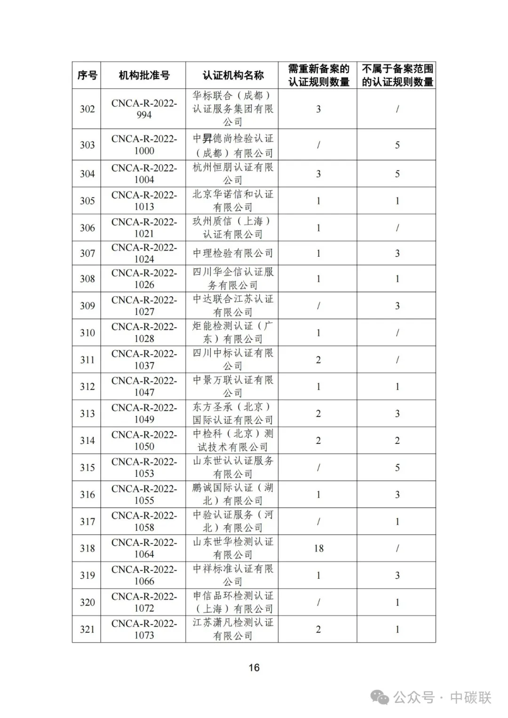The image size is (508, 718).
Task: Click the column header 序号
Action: click(87, 75)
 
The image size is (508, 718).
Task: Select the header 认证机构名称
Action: click(233, 75)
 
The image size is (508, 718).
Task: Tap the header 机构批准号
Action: click(144, 75)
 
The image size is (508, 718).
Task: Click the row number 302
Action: click(87, 109)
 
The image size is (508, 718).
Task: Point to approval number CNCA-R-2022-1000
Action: click(144, 145)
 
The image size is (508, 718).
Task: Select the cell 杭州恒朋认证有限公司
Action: click(233, 174)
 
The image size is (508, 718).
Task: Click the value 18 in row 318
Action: click(318, 548)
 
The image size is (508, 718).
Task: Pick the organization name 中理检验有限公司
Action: click(233, 253)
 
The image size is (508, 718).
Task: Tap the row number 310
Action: click(87, 333)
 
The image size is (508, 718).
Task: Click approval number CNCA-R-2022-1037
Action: click(144, 360)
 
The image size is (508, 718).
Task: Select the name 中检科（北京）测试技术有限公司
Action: click(233, 441)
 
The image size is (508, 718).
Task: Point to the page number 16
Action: click(254, 668)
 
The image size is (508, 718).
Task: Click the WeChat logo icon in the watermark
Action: click(380, 697)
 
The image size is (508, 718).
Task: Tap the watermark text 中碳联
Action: click(470, 697)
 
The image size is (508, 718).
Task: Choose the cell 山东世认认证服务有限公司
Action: click(233, 467)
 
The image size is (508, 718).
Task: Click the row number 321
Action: click(87, 629)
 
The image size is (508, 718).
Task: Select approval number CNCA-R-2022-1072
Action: click(144, 602)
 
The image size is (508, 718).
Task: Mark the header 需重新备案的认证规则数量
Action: click(318, 75)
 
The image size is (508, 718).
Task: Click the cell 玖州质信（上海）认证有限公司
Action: click(233, 228)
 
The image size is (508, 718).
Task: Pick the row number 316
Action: click(87, 495)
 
